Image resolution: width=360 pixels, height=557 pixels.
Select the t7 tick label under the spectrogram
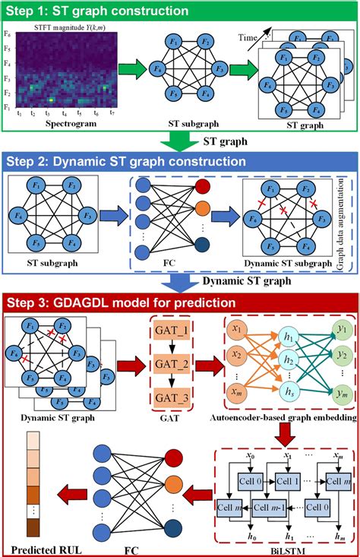point(112,111)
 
